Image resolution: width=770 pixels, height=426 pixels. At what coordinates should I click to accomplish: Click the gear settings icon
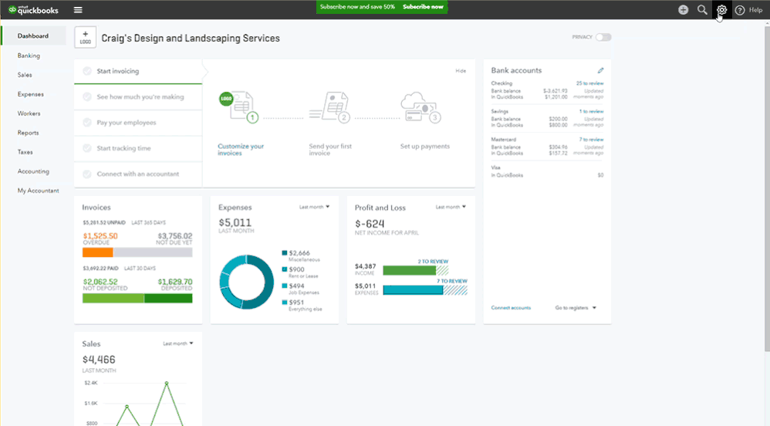click(721, 10)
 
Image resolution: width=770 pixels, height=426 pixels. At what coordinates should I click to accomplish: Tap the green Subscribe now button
click(423, 7)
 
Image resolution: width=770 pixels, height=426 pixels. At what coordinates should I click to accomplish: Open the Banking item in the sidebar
click(29, 56)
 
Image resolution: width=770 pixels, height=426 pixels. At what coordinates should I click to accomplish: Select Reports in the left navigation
click(29, 133)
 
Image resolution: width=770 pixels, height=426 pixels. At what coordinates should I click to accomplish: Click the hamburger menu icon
click(78, 10)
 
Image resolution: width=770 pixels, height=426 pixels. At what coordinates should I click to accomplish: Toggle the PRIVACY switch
click(603, 37)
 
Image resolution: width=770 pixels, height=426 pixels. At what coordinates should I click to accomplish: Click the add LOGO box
click(85, 38)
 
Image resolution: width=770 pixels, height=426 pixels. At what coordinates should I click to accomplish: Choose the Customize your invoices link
click(241, 150)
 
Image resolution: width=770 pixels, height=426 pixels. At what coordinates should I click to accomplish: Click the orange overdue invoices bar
click(98, 252)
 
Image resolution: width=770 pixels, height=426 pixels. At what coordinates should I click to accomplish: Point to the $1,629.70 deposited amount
click(174, 282)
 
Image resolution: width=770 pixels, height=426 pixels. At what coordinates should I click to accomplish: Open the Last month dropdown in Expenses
click(314, 207)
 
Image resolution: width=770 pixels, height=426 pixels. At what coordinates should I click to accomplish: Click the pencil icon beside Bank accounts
click(601, 70)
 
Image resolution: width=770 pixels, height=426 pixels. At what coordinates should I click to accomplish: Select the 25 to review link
click(589, 83)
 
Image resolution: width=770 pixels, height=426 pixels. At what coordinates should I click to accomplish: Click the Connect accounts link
click(511, 308)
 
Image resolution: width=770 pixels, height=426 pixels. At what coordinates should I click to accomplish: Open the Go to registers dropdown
click(576, 308)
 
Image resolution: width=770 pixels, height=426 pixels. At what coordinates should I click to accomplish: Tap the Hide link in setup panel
click(461, 71)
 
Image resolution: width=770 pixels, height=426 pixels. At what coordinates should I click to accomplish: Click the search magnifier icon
click(702, 10)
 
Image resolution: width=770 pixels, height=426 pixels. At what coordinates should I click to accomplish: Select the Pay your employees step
click(127, 123)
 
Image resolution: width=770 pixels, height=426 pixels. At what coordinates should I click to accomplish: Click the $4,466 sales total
click(99, 359)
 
